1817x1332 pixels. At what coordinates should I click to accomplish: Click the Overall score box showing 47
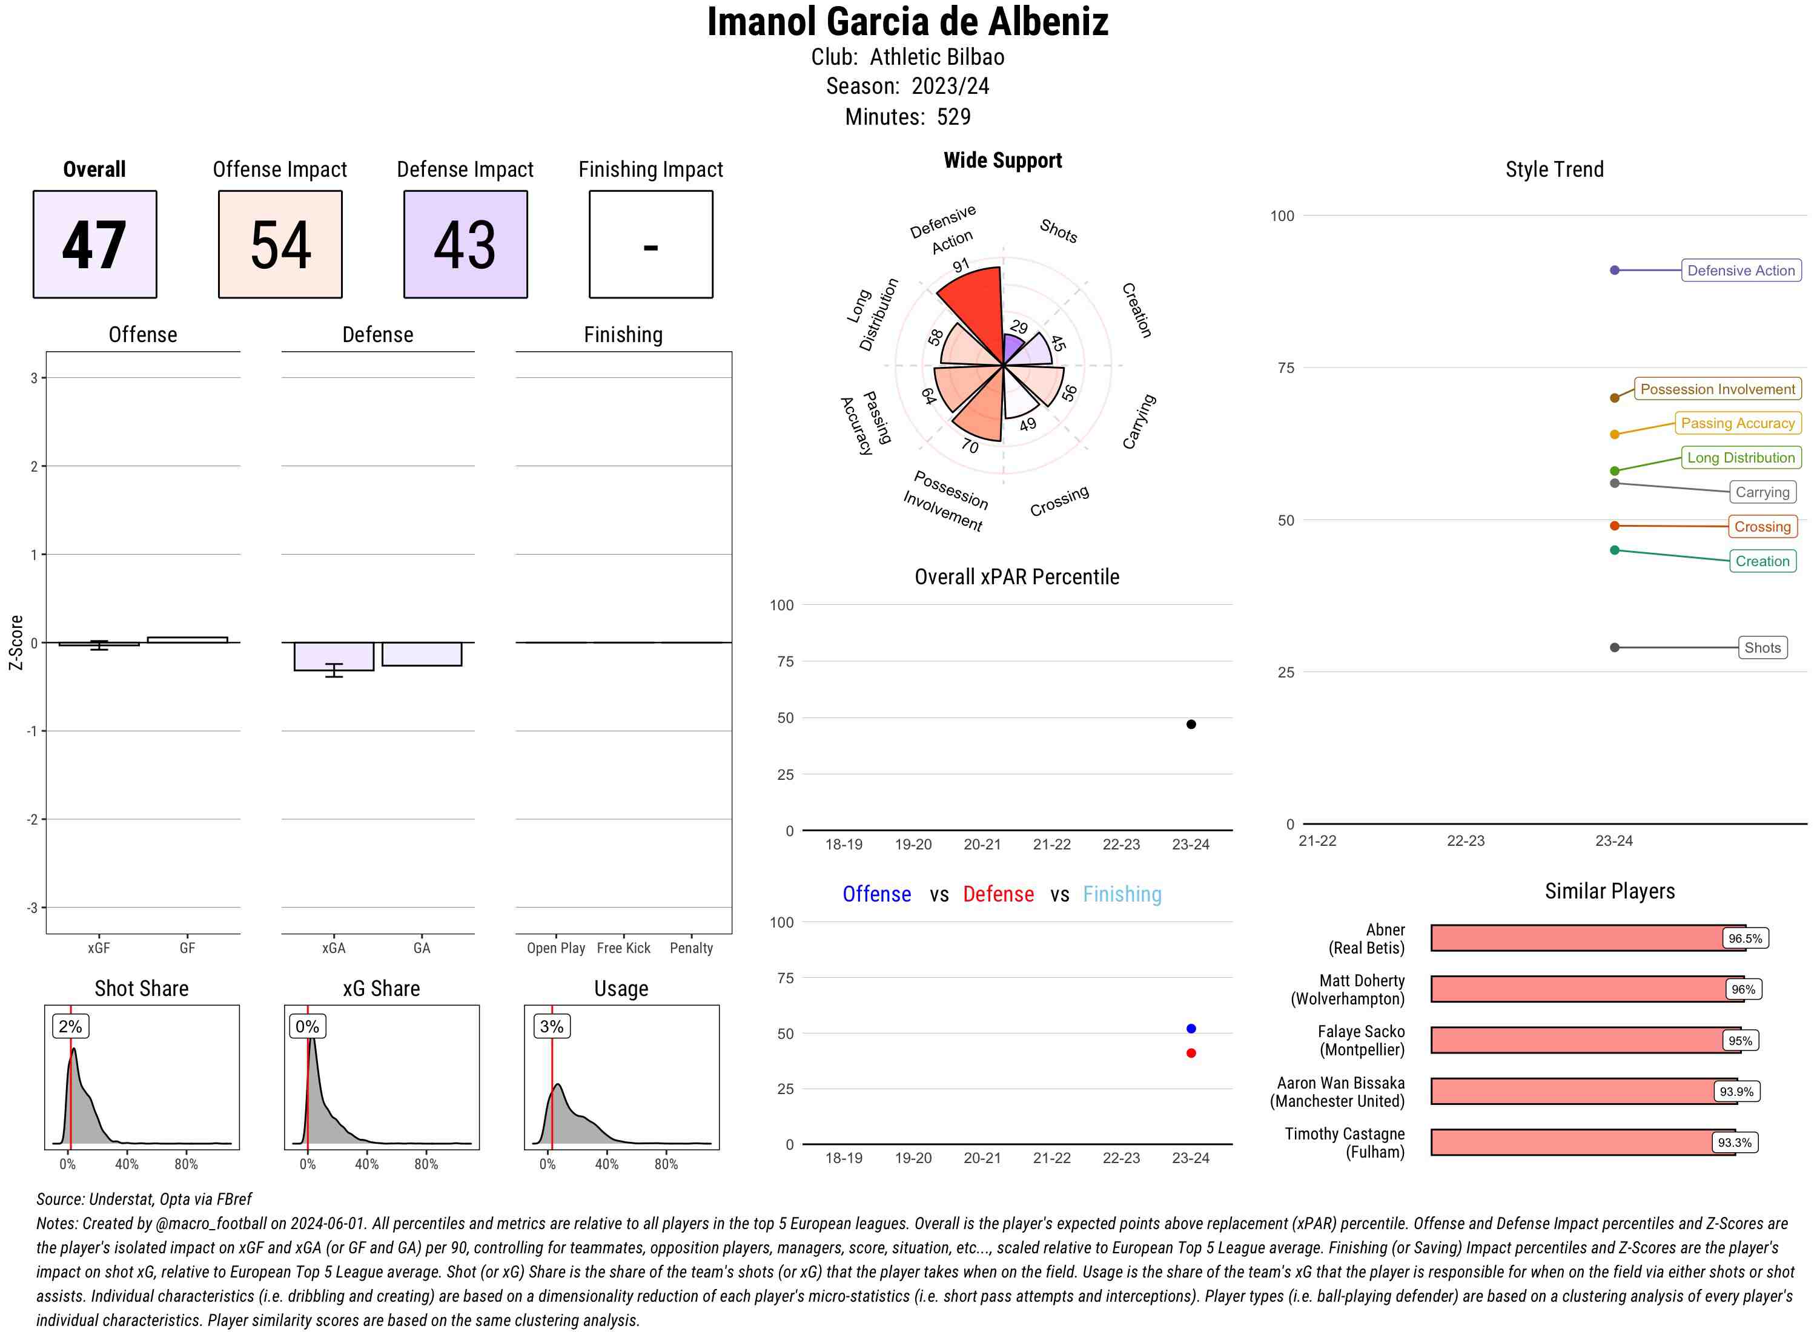click(94, 245)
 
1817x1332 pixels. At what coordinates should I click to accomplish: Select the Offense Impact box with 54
click(280, 245)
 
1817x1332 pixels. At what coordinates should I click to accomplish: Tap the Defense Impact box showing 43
click(465, 245)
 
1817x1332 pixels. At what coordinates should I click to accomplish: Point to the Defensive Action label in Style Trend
click(1741, 271)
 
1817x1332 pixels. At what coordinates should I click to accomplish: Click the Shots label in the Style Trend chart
click(1761, 647)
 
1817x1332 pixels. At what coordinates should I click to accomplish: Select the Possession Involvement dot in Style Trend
click(1613, 398)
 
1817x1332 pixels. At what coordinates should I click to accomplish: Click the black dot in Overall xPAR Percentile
click(1190, 724)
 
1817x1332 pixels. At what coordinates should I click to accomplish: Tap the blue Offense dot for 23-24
click(1190, 1028)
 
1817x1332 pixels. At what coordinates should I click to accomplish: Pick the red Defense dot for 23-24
click(1190, 1053)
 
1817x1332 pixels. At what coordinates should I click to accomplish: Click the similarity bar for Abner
click(1577, 938)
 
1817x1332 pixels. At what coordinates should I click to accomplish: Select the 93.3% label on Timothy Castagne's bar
click(1733, 1142)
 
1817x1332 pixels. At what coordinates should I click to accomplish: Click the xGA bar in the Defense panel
click(334, 656)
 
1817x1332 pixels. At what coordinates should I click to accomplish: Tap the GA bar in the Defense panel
click(422, 654)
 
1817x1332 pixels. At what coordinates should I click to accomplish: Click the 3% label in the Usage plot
click(552, 1026)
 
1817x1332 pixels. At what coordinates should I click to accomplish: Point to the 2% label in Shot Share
click(70, 1026)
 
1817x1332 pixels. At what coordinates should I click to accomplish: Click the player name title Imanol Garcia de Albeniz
click(907, 22)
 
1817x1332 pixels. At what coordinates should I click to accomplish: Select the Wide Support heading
click(1002, 160)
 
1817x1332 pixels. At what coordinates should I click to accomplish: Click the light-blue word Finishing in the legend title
click(1122, 894)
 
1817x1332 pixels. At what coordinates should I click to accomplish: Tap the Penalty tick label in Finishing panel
click(691, 948)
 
